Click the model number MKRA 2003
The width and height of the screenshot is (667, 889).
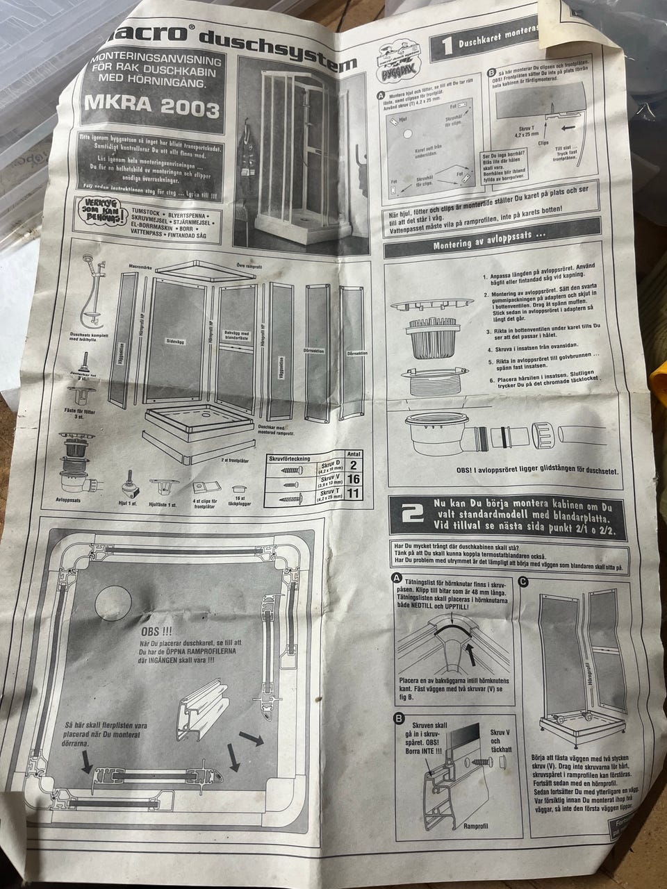click(x=152, y=107)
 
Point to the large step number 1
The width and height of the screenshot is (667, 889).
click(x=449, y=46)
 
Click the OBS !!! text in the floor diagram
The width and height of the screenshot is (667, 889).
click(x=156, y=634)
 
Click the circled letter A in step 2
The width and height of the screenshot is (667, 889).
click(x=396, y=579)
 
